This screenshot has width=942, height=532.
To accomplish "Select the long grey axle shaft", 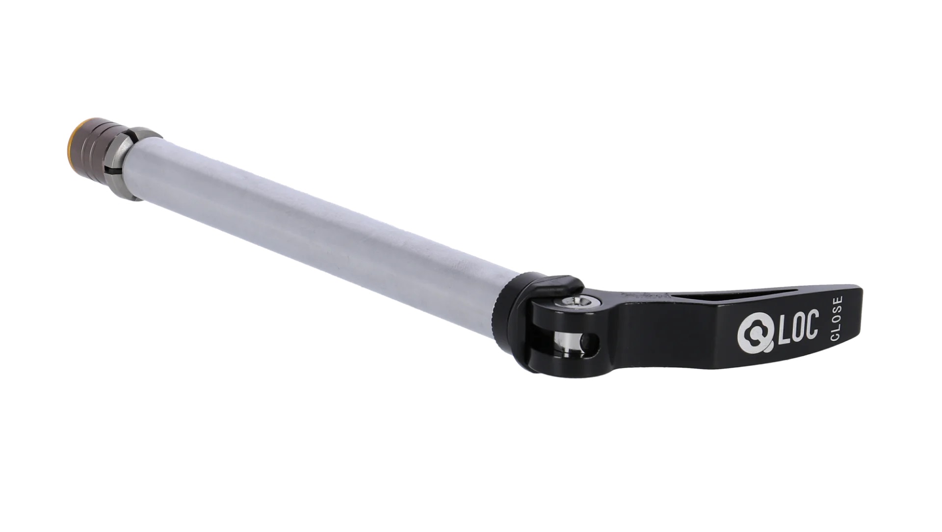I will point(319,231).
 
